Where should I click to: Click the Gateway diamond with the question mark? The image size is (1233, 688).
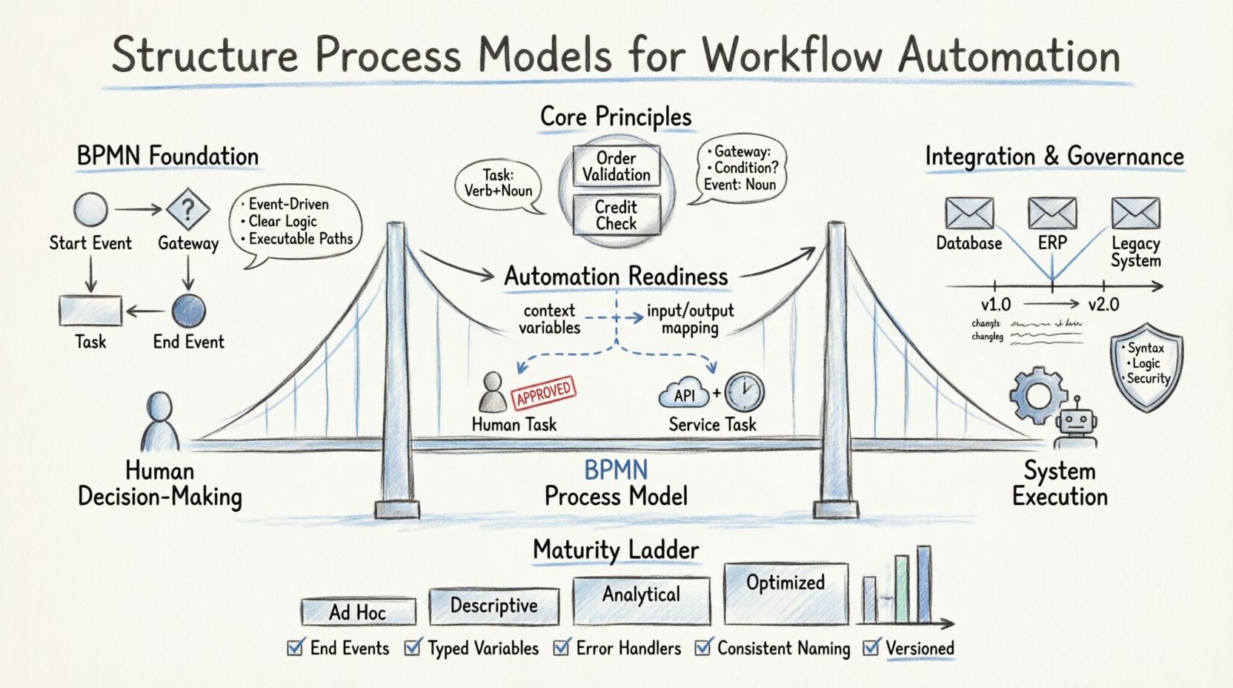(x=188, y=210)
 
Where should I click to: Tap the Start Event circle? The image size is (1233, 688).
(x=90, y=210)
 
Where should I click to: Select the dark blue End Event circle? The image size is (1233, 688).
(x=188, y=311)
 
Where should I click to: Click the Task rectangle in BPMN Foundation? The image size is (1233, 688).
(x=90, y=310)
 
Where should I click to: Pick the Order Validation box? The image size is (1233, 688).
(x=616, y=166)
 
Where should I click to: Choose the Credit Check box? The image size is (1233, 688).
(x=616, y=215)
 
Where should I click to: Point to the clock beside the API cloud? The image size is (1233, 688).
(x=744, y=392)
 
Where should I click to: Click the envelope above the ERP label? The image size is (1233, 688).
(x=1052, y=214)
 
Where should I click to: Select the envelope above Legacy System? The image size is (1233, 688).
(x=1135, y=214)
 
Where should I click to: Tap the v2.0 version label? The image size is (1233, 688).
(x=1103, y=305)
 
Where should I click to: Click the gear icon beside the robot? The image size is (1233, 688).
(x=1037, y=395)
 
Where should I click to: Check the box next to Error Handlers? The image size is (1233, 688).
(x=562, y=647)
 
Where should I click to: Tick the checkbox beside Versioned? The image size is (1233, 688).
(x=872, y=647)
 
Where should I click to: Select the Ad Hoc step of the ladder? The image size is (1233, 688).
(x=358, y=612)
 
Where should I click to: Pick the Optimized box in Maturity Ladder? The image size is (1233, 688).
(x=785, y=593)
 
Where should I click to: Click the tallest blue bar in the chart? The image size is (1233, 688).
(x=923, y=584)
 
